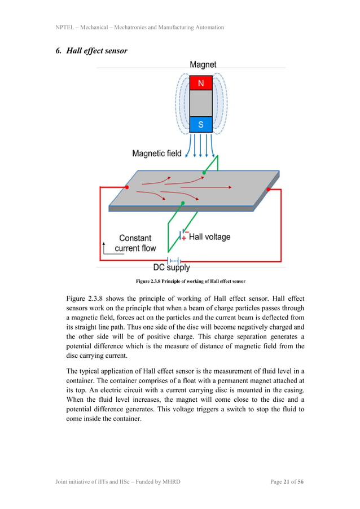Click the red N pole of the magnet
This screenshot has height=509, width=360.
[200, 83]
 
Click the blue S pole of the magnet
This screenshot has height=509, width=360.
[200, 124]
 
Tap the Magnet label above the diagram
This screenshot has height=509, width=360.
[203, 65]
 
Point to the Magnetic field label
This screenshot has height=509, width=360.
[157, 153]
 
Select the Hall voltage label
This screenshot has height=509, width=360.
[209, 236]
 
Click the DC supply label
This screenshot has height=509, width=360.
[172, 268]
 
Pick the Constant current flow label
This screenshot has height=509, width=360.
[135, 243]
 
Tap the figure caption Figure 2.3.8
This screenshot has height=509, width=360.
[191, 281]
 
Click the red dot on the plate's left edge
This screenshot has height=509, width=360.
[127, 187]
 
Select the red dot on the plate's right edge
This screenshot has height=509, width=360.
[268, 190]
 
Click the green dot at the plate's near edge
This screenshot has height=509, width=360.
[182, 203]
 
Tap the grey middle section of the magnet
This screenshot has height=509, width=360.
[200, 103]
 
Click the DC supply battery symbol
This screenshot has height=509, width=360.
[174, 260]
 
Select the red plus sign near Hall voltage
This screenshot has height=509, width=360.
[184, 238]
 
